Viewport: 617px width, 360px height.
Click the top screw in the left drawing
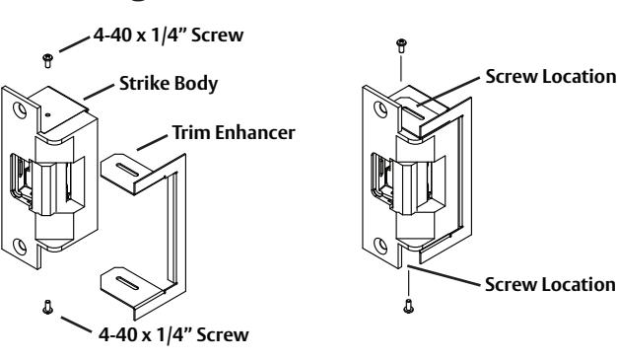(47, 61)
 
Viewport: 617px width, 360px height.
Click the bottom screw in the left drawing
(47, 307)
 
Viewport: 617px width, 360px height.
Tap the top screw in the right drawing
(401, 45)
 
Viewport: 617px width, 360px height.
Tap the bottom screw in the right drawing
(408, 306)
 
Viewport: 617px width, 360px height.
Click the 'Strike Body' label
(169, 84)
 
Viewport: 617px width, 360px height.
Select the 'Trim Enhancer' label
(234, 132)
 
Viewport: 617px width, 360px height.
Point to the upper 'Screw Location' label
(551, 76)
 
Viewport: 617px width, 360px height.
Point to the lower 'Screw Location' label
(550, 284)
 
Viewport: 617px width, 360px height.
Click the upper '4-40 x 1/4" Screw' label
(169, 35)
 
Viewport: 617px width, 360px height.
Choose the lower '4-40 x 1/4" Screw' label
(173, 334)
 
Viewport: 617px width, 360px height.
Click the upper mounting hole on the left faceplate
(20, 109)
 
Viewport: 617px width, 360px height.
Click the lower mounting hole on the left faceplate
(20, 247)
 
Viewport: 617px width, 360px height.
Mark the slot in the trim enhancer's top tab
(128, 171)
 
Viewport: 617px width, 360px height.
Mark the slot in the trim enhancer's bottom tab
(128, 282)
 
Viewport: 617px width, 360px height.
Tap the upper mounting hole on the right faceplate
(380, 109)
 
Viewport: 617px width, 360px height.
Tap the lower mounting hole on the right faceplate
(380, 245)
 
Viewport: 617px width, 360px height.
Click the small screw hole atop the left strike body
(47, 115)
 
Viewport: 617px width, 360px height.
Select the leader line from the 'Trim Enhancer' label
(152, 143)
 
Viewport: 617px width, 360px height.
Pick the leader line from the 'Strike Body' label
(100, 92)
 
